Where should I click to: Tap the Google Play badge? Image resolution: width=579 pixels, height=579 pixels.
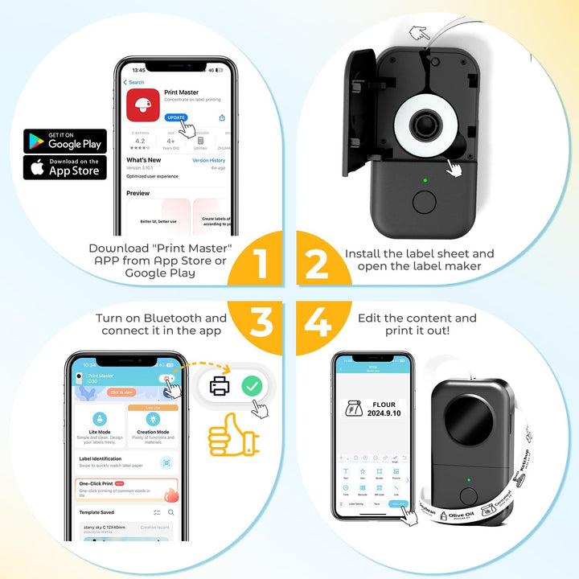point(65,141)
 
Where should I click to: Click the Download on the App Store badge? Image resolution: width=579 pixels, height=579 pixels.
point(65,167)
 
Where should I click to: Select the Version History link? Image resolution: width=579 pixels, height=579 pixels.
point(208,160)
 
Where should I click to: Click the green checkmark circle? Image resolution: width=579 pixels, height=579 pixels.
point(253,386)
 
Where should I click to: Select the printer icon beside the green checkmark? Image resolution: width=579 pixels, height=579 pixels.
point(220,387)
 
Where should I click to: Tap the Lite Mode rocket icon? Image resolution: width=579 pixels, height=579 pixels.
point(100,419)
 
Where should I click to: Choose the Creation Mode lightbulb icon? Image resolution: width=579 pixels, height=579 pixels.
point(152,419)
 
